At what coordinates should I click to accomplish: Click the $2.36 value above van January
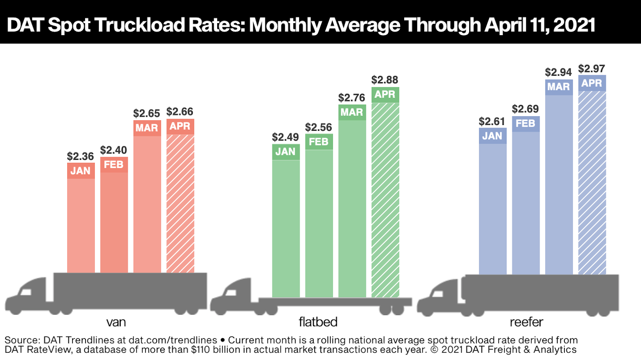(81, 156)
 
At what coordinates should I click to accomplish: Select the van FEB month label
(114, 165)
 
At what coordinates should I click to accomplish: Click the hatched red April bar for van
(180, 202)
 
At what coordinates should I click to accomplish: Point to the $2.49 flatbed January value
(286, 137)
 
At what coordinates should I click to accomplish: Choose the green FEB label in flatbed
(319, 142)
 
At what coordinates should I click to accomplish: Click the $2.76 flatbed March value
(352, 97)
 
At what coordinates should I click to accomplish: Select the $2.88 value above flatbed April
(385, 80)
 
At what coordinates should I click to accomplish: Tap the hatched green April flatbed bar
(385, 200)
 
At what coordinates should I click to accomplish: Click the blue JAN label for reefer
(492, 136)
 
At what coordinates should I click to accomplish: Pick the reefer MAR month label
(559, 87)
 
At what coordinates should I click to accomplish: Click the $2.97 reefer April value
(592, 69)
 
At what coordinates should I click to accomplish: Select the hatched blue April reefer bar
(592, 182)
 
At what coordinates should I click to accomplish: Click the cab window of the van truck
(26, 292)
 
